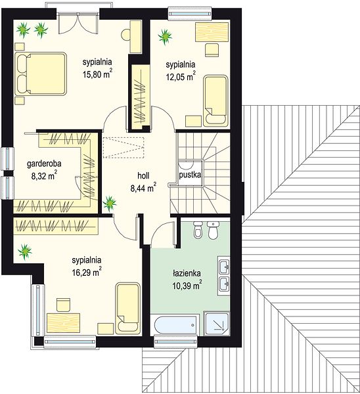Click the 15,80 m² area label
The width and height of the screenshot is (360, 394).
(x=97, y=74)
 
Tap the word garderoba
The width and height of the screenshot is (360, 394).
(x=44, y=164)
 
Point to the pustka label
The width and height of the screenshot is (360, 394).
(x=190, y=175)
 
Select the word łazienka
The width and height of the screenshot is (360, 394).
(x=187, y=273)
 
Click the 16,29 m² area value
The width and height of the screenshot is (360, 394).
(x=87, y=272)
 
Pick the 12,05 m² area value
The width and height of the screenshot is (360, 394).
(x=181, y=76)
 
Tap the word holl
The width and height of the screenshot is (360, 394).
(x=143, y=175)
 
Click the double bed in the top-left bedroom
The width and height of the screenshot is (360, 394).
(x=41, y=74)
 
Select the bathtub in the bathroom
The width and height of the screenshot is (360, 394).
(x=175, y=325)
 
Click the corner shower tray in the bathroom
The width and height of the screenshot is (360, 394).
(x=217, y=323)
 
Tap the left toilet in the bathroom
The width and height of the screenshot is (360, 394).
(x=198, y=230)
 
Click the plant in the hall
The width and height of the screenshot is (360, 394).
(x=110, y=203)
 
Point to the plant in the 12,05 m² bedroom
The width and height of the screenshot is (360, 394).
(x=165, y=37)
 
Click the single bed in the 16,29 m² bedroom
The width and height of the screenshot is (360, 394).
(x=127, y=309)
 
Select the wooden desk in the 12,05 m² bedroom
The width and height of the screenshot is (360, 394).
(x=212, y=32)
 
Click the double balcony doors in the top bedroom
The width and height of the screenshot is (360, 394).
(x=78, y=23)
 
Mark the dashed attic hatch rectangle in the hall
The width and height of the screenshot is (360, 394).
(x=124, y=147)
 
